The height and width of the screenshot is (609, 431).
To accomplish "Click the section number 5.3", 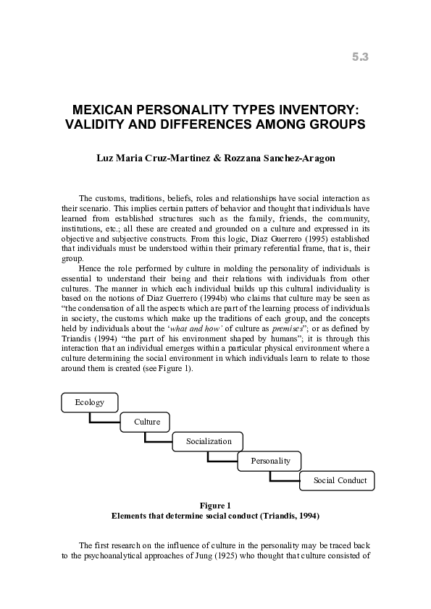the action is click(361, 57).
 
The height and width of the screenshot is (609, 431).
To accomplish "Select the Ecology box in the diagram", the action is click(89, 402).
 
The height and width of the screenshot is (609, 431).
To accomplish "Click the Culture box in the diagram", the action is click(146, 422).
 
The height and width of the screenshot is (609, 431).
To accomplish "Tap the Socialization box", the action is click(208, 441).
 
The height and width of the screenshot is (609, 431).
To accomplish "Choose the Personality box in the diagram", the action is click(270, 461).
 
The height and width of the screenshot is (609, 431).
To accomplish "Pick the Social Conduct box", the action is click(340, 480).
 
